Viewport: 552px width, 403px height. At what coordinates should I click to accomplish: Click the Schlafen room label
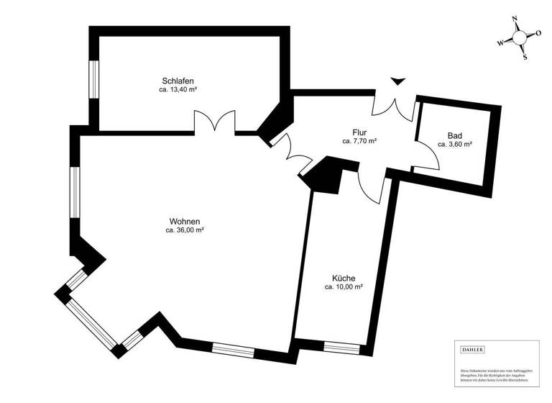(x=178, y=81)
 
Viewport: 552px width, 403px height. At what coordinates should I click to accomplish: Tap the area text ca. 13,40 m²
(x=178, y=91)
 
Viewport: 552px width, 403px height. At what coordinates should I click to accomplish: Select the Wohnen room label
(x=185, y=221)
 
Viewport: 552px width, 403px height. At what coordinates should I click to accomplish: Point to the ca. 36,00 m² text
(x=185, y=231)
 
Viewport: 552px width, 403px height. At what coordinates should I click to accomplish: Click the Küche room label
(x=344, y=278)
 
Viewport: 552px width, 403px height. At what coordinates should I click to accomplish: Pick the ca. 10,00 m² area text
(x=344, y=287)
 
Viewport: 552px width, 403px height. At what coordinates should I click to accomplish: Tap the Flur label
(x=360, y=132)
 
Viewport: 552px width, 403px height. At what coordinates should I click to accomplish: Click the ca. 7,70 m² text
(x=360, y=142)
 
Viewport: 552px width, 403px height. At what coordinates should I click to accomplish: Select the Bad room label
(x=454, y=135)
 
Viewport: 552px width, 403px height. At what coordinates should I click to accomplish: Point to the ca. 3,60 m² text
(x=454, y=145)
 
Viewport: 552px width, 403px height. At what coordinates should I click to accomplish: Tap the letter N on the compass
(x=514, y=20)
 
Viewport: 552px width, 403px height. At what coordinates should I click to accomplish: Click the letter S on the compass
(x=525, y=57)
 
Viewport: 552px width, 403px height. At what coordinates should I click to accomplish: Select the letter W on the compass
(x=500, y=43)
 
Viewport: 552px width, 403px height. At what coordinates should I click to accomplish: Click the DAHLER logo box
(x=474, y=350)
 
